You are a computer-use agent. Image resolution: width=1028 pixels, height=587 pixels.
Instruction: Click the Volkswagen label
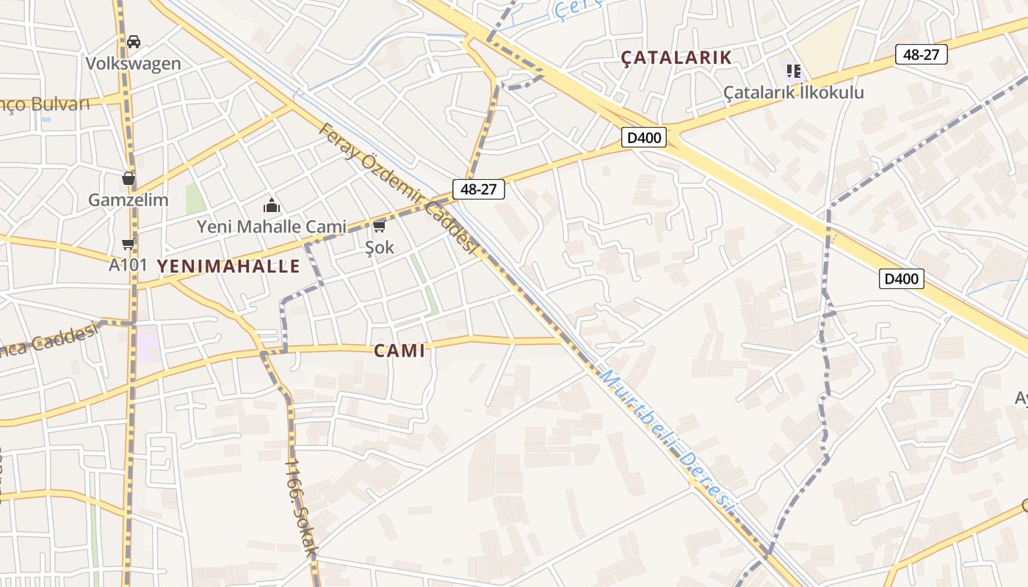[x=133, y=63]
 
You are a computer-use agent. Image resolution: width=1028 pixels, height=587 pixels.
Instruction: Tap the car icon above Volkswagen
[x=134, y=42]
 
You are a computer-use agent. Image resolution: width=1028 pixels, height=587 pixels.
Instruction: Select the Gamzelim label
[x=128, y=200]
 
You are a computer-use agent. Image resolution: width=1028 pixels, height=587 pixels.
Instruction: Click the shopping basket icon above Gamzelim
[x=128, y=178]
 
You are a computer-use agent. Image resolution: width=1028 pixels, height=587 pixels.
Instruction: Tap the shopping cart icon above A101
[x=128, y=244]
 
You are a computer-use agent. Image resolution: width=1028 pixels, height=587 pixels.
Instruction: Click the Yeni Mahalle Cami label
[x=272, y=227]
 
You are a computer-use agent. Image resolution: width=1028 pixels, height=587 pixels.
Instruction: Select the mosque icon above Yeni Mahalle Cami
[x=272, y=205]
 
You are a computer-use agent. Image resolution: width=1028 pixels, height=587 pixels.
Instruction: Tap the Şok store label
[x=380, y=247]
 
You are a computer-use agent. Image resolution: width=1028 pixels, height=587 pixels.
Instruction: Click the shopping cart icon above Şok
[x=380, y=226]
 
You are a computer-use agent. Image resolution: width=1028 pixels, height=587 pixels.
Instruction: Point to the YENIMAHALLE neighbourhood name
[x=228, y=266]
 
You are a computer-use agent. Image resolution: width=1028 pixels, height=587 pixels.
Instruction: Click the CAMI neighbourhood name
[x=399, y=351]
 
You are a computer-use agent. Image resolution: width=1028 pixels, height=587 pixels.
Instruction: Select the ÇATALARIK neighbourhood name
[x=676, y=57]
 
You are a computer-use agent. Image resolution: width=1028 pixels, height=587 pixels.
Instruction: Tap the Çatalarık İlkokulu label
[x=794, y=92]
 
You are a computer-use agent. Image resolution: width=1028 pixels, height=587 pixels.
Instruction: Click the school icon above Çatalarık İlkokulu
[x=793, y=71]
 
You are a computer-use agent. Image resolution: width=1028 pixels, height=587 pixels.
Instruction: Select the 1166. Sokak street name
[x=302, y=506]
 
